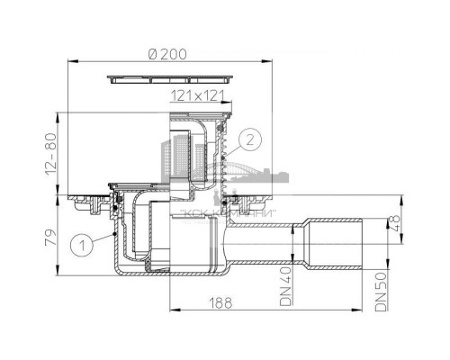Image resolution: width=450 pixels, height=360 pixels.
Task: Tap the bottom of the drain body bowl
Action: point(171,275)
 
